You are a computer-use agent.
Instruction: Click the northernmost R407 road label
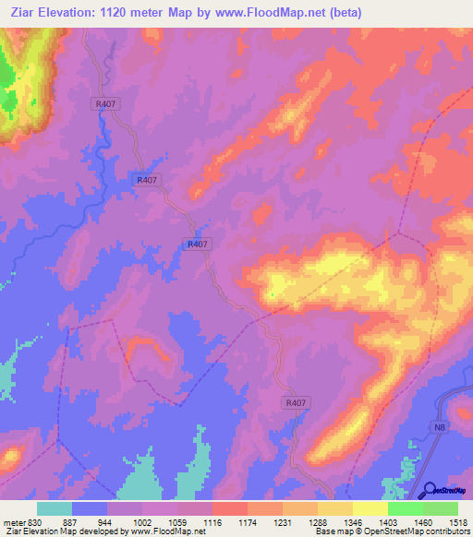pyautogui.click(x=104, y=105)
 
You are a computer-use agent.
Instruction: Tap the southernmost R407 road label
pyautogui.click(x=295, y=402)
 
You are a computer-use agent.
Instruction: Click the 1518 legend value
pyautogui.click(x=457, y=521)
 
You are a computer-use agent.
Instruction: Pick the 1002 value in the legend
pyautogui.click(x=143, y=521)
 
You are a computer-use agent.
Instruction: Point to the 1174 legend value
pyautogui.click(x=248, y=521)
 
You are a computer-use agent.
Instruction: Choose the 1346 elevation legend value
pyautogui.click(x=352, y=521)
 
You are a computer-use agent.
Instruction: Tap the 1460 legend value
pyautogui.click(x=422, y=521)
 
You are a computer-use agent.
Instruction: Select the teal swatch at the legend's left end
pyautogui.click(x=55, y=508)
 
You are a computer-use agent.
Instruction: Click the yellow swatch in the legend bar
pyautogui.click(x=370, y=508)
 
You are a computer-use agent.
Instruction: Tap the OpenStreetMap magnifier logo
pyautogui.click(x=429, y=490)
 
